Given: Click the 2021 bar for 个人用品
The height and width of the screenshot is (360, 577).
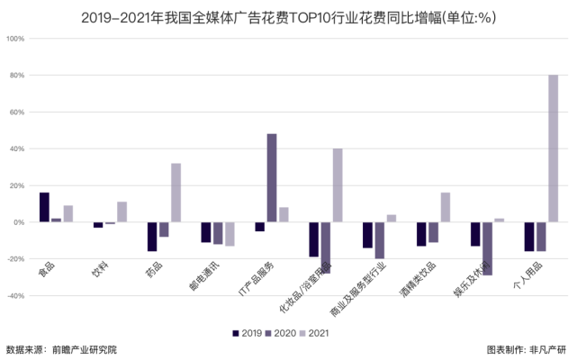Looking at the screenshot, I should click(x=553, y=148).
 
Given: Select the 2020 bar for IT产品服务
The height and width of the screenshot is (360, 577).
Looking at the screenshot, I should click(x=272, y=177).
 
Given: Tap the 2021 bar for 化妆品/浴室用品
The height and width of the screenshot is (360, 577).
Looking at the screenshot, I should click(x=337, y=184).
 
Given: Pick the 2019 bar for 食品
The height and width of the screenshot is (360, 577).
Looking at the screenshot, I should click(x=44, y=207).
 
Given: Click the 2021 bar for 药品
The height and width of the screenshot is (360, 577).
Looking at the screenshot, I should click(x=176, y=192).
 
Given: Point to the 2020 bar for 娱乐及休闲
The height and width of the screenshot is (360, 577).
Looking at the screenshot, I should click(x=487, y=247).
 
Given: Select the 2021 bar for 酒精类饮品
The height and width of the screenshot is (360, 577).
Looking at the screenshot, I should click(x=445, y=207).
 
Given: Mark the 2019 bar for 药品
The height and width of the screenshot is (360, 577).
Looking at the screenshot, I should click(x=152, y=236).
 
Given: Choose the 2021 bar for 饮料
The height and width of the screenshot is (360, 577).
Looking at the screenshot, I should click(x=122, y=211).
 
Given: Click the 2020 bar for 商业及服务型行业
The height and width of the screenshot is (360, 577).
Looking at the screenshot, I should click(x=380, y=239).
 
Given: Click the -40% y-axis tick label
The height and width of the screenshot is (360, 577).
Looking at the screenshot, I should click(x=15, y=295).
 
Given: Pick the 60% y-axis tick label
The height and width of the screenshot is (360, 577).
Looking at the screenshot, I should click(x=17, y=112).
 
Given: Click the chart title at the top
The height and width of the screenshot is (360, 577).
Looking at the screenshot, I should click(x=288, y=15).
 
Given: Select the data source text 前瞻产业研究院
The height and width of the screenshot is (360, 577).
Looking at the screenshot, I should click(x=85, y=349).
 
